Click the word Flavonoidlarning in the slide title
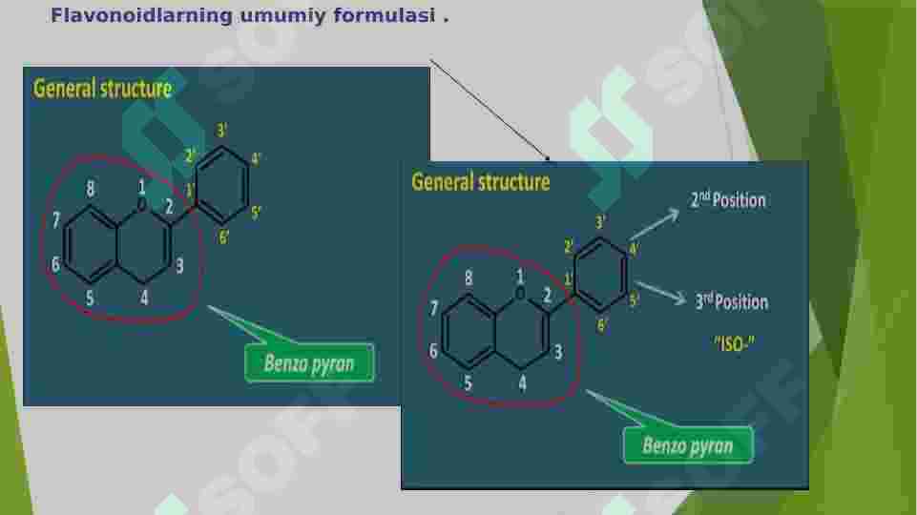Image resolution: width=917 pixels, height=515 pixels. point(141,16)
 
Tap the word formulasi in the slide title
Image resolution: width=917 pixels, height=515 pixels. point(385,16)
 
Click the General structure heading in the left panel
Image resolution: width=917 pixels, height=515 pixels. point(102,89)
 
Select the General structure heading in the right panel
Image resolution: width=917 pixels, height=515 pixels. point(481,182)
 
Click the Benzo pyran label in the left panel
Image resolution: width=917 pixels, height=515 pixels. point(309,363)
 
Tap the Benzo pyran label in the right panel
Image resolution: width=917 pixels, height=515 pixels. point(688,445)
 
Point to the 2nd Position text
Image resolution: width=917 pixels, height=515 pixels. point(728,200)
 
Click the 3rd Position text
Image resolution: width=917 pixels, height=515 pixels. point(732,301)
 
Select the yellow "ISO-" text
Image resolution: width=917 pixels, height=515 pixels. point(734,343)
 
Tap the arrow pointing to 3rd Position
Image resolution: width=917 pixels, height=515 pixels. point(661,292)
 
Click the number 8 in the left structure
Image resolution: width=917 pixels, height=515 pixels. point(90,189)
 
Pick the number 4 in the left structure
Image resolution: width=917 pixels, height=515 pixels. point(144,298)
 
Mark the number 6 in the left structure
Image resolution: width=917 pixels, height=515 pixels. point(55,264)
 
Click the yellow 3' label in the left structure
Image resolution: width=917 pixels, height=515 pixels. point(222,131)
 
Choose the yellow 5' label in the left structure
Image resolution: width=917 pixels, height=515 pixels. point(256,213)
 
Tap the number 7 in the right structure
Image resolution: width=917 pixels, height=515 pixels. point(433,308)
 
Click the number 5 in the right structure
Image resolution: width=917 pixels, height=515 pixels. point(468,382)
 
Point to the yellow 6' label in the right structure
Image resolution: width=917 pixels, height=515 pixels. point(602,325)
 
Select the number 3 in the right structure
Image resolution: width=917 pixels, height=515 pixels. point(558,352)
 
